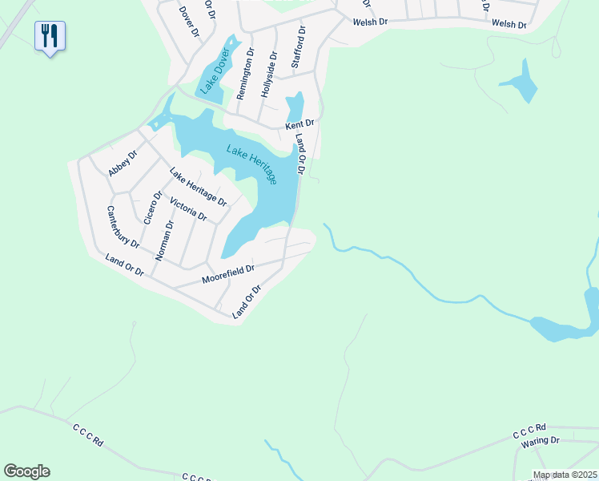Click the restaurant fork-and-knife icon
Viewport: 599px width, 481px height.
(x=50, y=35)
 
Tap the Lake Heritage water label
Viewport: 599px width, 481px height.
(x=251, y=164)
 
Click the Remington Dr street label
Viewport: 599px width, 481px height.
(x=245, y=74)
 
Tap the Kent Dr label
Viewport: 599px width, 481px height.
(x=301, y=125)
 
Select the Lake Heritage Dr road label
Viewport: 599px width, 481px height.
(x=198, y=186)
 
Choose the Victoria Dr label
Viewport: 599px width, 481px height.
(x=188, y=207)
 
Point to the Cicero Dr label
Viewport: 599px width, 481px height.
(x=152, y=207)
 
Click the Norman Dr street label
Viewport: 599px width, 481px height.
(x=163, y=240)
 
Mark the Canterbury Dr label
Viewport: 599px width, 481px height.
(x=123, y=226)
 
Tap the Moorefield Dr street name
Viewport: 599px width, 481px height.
(x=228, y=274)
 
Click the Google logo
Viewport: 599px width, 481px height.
(x=26, y=471)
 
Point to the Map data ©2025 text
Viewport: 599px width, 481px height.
(x=565, y=475)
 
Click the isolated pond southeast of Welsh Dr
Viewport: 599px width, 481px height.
(x=521, y=83)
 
